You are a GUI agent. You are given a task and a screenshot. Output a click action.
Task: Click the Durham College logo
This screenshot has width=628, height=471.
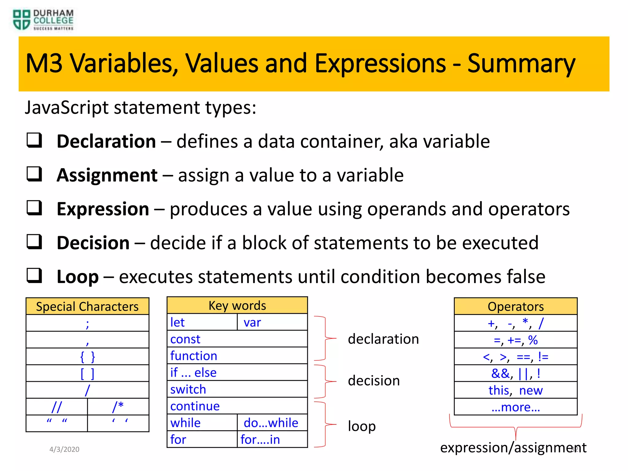coord(43,20)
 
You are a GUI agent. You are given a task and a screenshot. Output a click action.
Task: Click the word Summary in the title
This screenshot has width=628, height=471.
coord(521,63)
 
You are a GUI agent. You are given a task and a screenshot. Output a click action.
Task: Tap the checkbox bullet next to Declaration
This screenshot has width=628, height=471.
coord(34,140)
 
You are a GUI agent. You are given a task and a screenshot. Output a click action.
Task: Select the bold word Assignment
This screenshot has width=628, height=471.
coord(107,175)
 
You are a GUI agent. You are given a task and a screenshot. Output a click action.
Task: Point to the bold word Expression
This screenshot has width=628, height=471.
coord(103,209)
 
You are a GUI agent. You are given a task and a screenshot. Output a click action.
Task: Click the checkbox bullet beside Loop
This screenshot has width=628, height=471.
coord(34,275)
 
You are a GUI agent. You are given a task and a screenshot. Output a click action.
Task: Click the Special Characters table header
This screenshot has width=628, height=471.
coord(87,306)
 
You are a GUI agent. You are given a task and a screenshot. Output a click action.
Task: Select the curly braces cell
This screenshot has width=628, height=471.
coord(87,357)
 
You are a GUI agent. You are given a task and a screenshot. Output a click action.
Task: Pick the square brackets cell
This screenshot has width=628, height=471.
coord(87,373)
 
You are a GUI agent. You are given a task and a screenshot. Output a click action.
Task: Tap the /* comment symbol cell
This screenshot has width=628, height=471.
coord(118,407)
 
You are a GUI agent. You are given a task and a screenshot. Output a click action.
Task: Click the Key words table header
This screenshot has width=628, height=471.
coord(237,305)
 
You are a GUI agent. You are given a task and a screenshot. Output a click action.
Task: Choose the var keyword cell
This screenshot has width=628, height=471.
coord(272,322)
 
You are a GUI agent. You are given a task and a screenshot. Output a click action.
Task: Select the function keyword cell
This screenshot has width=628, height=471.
coord(237,356)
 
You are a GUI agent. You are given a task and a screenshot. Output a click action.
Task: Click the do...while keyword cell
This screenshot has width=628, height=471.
coord(272,423)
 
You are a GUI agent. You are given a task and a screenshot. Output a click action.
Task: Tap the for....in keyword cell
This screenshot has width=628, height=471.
coord(272,439)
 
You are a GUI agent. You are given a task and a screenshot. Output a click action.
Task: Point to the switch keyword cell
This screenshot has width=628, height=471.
coord(237,389)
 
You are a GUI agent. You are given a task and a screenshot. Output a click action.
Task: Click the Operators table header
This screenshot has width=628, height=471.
coord(515,306)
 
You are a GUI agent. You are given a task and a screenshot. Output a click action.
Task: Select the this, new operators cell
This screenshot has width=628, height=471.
coord(515,390)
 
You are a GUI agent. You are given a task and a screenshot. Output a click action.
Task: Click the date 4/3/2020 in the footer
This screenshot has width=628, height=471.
coord(64,449)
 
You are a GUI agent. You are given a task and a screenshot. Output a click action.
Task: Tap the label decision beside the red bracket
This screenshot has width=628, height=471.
coord(374,381)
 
